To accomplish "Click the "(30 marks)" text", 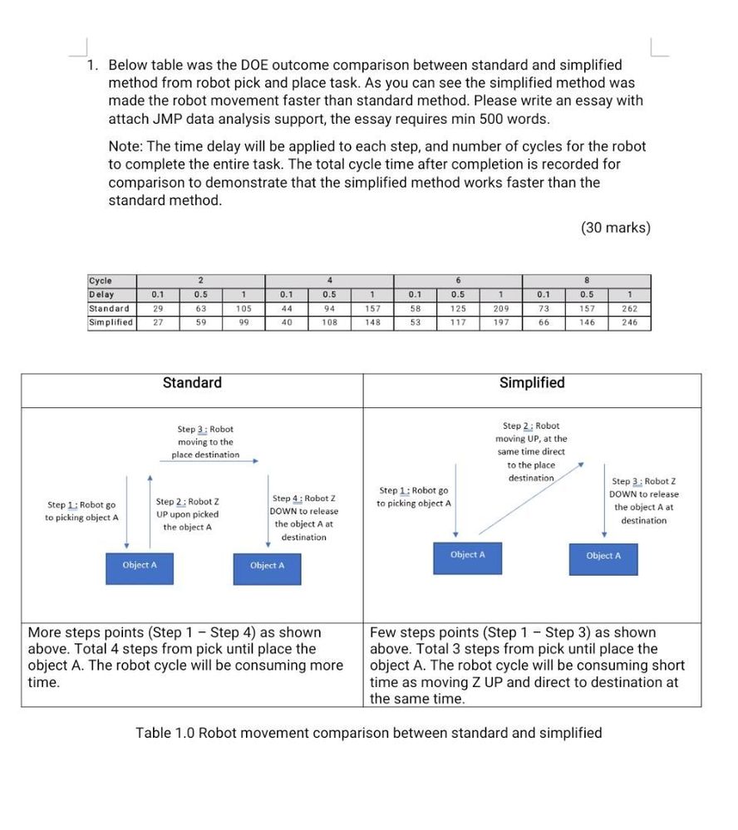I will click(x=616, y=228).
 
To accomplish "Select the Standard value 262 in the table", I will click(x=629, y=309).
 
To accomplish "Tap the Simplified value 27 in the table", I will click(x=158, y=322).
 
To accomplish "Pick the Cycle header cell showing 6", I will click(x=458, y=281).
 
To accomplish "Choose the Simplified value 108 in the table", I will click(x=329, y=322).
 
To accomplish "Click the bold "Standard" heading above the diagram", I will click(x=192, y=383).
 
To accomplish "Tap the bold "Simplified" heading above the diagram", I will click(x=532, y=383).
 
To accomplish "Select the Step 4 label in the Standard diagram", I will click(x=304, y=518).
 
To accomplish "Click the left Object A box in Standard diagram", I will click(x=140, y=566).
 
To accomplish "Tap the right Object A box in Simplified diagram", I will click(x=604, y=557).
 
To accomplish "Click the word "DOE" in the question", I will click(x=261, y=65).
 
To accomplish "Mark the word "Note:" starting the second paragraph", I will click(x=126, y=146).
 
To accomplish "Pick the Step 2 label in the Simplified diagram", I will click(x=531, y=451).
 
